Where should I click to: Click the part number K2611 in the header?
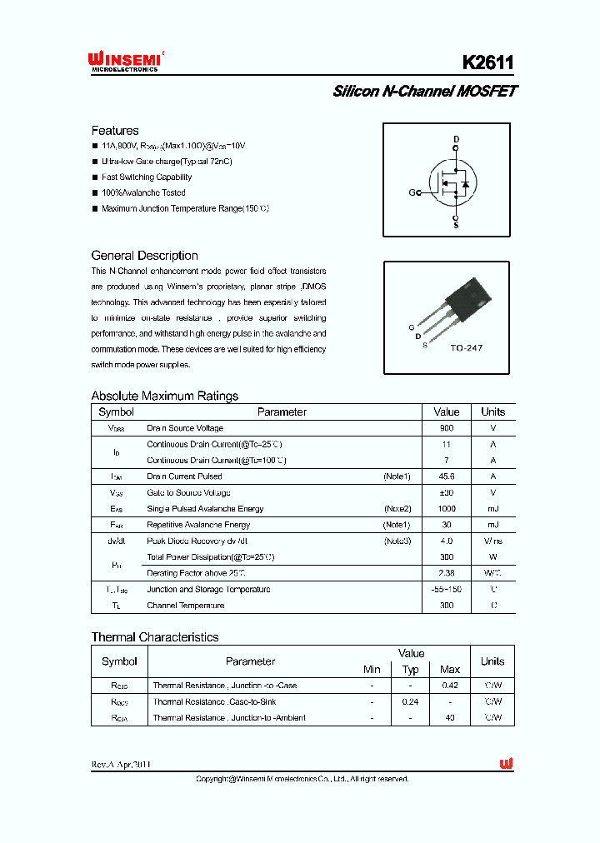click(488, 63)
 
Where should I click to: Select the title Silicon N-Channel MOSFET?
click(424, 92)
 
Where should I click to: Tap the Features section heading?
click(115, 131)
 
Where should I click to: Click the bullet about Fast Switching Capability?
click(146, 177)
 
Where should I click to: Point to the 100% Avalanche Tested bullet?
click(142, 192)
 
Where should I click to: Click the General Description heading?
click(144, 256)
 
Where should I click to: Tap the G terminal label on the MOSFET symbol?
click(412, 192)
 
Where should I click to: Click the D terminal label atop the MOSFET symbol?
click(456, 138)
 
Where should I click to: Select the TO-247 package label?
click(466, 347)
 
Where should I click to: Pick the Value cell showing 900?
click(447, 428)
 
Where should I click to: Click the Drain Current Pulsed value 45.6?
click(447, 476)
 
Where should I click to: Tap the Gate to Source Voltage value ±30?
click(447, 492)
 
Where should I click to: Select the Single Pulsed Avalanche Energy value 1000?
click(447, 508)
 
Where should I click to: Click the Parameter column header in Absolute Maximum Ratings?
click(282, 412)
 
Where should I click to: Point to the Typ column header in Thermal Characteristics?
click(410, 670)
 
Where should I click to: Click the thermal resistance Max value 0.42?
click(450, 686)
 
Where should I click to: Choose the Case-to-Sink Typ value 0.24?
click(410, 701)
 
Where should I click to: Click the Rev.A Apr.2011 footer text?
click(121, 765)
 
